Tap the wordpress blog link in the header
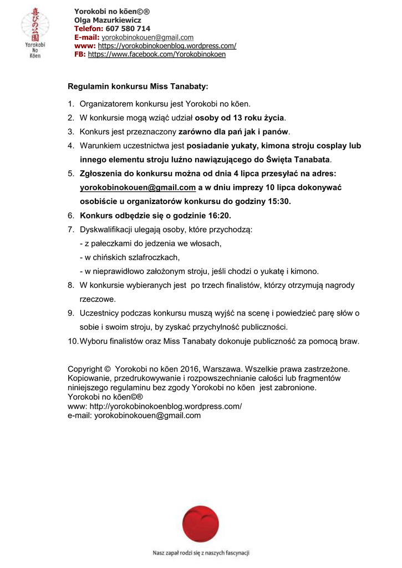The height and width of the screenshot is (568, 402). [x=167, y=45]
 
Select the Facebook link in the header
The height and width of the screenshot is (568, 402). [x=157, y=54]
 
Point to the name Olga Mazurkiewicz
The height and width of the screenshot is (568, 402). [x=108, y=20]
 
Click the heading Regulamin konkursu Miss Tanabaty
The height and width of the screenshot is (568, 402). [x=138, y=87]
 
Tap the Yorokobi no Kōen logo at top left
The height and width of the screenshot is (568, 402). [x=35, y=33]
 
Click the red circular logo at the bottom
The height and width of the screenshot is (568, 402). [x=201, y=525]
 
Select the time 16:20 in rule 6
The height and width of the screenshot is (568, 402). [x=219, y=215]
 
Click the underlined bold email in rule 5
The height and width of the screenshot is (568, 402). [x=138, y=187]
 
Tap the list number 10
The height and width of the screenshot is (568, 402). [x=72, y=341]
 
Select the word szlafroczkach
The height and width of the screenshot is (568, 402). [x=149, y=257]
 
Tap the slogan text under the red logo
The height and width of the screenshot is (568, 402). [x=201, y=552]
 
